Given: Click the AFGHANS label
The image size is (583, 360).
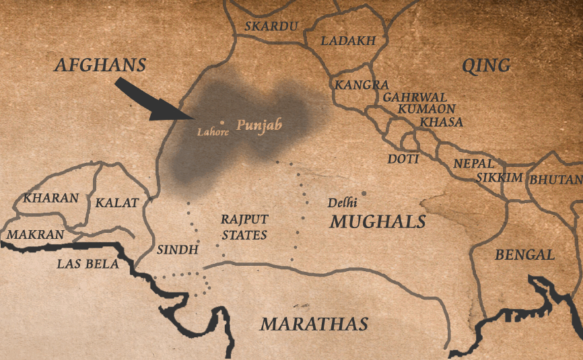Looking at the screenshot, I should pyautogui.click(x=100, y=65).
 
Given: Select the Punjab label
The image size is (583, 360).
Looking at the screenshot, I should pyautogui.click(x=259, y=125).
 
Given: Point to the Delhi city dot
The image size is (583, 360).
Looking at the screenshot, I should pyautogui.click(x=364, y=194).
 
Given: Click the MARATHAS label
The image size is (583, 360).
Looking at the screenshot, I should pyautogui.click(x=314, y=324).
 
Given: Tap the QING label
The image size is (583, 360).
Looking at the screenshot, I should pyautogui.click(x=485, y=65).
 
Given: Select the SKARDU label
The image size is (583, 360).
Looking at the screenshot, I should pyautogui.click(x=271, y=27).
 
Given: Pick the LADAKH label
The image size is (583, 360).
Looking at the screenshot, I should pyautogui.click(x=348, y=41).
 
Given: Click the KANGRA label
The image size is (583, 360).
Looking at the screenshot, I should pyautogui.click(x=362, y=85).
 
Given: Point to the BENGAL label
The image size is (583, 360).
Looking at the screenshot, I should pyautogui.click(x=524, y=255).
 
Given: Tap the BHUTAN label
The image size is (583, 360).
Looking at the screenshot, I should pyautogui.click(x=555, y=180).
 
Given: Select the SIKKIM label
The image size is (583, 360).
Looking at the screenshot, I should pyautogui.click(x=500, y=178).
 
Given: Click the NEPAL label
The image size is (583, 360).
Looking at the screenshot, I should pyautogui.click(x=473, y=164).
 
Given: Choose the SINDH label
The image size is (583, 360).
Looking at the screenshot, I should pyautogui.click(x=177, y=250).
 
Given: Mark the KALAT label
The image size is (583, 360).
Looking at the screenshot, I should pyautogui.click(x=116, y=203).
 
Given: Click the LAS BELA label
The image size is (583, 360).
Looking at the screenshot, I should pyautogui.click(x=88, y=264).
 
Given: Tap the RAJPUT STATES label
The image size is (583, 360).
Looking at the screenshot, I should pyautogui.click(x=244, y=227).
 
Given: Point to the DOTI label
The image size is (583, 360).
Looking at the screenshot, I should pyautogui.click(x=403, y=159).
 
